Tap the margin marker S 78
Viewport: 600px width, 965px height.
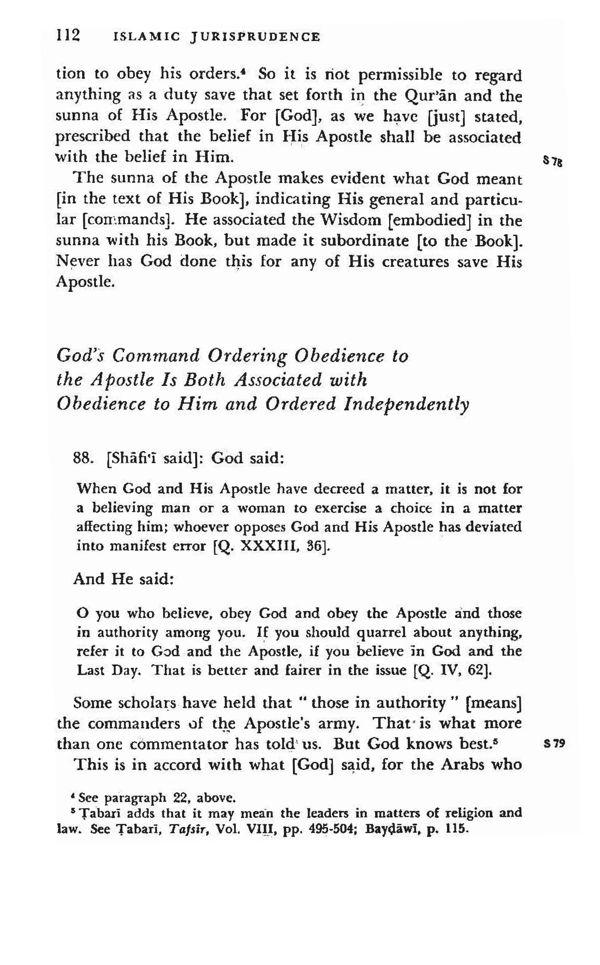[x=552, y=162]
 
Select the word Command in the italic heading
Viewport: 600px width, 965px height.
[x=156, y=356]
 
